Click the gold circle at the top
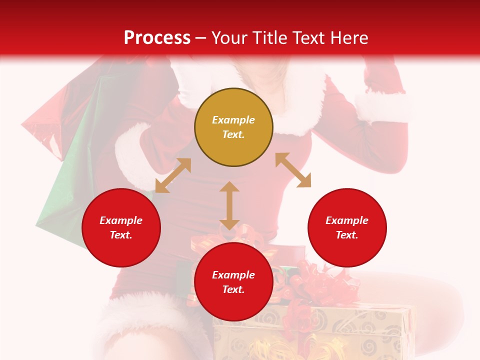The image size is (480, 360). click(x=233, y=127)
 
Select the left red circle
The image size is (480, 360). click(x=121, y=227)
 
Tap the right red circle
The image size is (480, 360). click(x=347, y=227)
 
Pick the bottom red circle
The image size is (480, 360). click(x=233, y=282)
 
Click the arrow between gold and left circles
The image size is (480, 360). click(x=173, y=175)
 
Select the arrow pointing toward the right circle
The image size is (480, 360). click(x=293, y=170)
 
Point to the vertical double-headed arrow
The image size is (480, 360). click(x=229, y=205)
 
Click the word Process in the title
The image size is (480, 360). click(x=157, y=37)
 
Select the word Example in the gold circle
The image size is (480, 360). click(x=233, y=120)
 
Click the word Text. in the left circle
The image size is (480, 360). click(x=121, y=235)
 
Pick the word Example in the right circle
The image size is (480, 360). click(x=347, y=220)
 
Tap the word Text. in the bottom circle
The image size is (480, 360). click(x=233, y=289)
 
